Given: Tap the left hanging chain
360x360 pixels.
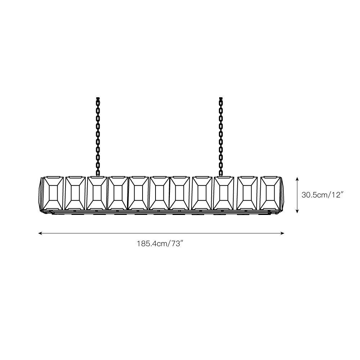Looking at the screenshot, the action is [98, 137].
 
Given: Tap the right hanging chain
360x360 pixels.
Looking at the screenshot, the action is [221, 137].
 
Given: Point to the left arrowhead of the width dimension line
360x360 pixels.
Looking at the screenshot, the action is [40, 233].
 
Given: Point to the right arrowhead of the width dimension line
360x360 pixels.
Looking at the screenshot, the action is [283, 233].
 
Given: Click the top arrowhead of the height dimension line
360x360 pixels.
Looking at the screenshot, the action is [297, 179].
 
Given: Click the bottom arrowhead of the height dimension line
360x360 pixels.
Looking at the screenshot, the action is [297, 211].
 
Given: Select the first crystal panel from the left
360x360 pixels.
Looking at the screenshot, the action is [53, 193].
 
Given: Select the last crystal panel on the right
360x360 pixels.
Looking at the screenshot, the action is [270, 193].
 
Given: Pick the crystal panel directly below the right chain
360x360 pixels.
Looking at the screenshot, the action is [224, 193].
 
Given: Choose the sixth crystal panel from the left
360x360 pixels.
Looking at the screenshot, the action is [159, 193].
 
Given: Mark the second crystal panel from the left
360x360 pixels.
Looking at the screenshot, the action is [75, 193].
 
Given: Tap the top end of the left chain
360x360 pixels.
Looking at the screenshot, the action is [98, 98].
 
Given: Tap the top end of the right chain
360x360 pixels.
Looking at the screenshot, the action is [221, 98].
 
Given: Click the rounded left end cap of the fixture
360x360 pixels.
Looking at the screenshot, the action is [41, 194].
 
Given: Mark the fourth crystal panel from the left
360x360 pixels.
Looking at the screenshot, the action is [118, 193].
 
